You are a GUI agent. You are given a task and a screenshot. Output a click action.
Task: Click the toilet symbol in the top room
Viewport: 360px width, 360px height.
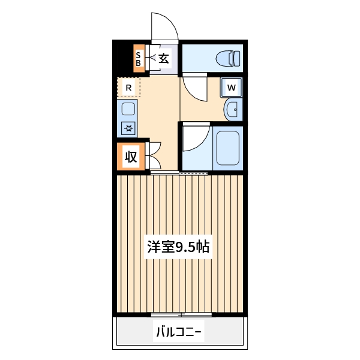pyautogui.click(x=228, y=58)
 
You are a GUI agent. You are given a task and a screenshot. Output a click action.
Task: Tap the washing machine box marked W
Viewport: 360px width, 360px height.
pyautogui.click(x=232, y=89)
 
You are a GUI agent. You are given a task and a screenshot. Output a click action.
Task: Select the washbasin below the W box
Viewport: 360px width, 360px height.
pyautogui.click(x=232, y=109)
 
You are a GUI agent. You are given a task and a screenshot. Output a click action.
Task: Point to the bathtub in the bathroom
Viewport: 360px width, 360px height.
pyautogui.click(x=227, y=148)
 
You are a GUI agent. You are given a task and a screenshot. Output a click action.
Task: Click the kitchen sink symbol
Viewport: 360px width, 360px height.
pyautogui.click(x=128, y=109)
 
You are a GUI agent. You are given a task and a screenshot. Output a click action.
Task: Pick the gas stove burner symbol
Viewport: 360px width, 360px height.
pyautogui.click(x=128, y=127)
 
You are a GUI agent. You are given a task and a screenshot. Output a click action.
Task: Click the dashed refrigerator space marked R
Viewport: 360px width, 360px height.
pyautogui.click(x=128, y=87)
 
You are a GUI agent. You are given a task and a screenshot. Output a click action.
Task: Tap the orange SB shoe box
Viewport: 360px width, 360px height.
pyautogui.click(x=139, y=59)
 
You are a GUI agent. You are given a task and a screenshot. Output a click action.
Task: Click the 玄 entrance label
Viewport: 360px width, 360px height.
pyautogui.click(x=164, y=58)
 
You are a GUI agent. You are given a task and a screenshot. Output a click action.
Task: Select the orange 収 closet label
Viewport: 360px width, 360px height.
pyautogui.click(x=131, y=157)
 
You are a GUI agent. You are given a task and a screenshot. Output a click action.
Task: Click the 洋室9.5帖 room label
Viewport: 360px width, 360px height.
pyautogui.click(x=178, y=246)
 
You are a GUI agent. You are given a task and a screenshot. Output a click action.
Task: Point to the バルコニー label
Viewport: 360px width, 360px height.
pyautogui.click(x=179, y=331)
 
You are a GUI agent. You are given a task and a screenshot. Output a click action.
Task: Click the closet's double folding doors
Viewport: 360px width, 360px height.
pyautogui.click(x=152, y=157)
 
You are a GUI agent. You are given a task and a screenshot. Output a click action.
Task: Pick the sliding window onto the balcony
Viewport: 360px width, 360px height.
pyautogui.click(x=181, y=314)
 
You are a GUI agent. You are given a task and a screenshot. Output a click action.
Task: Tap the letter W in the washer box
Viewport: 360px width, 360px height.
pyautogui.click(x=232, y=89)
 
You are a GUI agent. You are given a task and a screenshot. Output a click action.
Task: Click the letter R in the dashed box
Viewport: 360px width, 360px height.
pyautogui.click(x=128, y=87)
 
